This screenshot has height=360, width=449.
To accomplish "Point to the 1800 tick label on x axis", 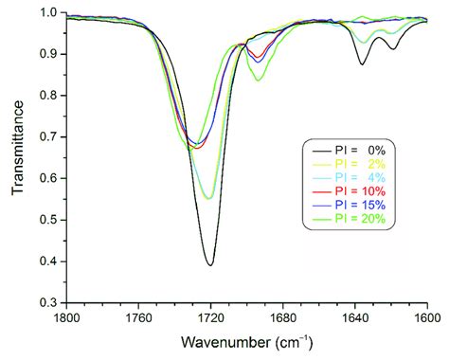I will point(65,317).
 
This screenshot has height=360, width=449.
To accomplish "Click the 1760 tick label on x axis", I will point(137,317).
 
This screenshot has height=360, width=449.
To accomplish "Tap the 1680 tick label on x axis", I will point(282,317).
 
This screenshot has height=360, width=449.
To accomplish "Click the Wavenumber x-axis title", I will point(245,342).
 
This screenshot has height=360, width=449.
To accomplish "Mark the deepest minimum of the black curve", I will point(210,264).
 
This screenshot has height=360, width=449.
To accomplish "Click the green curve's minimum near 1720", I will point(207,198).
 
